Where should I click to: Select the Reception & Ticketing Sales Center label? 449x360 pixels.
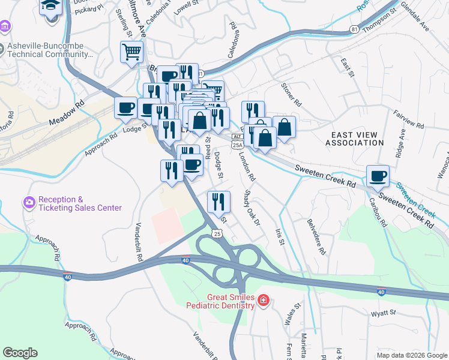pyautogui.click(x=80, y=203)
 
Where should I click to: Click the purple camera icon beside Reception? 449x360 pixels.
pyautogui.click(x=28, y=203)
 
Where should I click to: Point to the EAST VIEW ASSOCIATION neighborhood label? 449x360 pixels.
pyautogui.click(x=354, y=139)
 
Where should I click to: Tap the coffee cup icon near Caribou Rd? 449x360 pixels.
pyautogui.click(x=378, y=176)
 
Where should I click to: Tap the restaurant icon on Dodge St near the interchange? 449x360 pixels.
pyautogui.click(x=218, y=201)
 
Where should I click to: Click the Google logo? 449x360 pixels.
pyautogui.click(x=20, y=353)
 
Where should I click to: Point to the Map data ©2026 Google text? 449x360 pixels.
pyautogui.click(x=412, y=355)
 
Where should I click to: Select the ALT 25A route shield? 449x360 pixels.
pyautogui.click(x=237, y=141)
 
